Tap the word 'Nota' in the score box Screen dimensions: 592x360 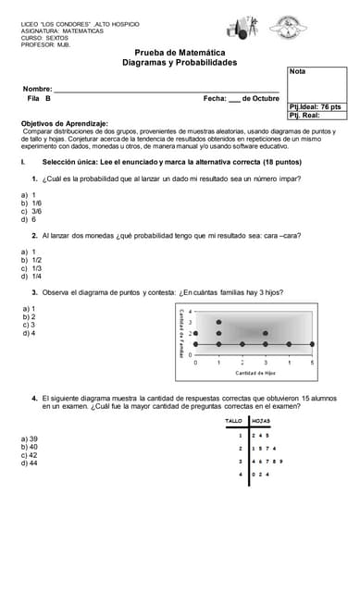click(297, 71)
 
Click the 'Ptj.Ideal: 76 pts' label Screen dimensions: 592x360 click(316, 106)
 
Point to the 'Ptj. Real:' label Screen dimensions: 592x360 click(305, 115)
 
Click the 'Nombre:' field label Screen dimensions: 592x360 click(37, 89)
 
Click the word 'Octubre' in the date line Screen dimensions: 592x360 click(266, 98)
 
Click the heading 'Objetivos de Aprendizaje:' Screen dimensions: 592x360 click(64, 123)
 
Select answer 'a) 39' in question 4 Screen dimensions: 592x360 click(30, 438)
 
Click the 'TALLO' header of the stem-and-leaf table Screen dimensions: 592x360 click(234, 421)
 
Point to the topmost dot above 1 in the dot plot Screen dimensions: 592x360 click(219, 322)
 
